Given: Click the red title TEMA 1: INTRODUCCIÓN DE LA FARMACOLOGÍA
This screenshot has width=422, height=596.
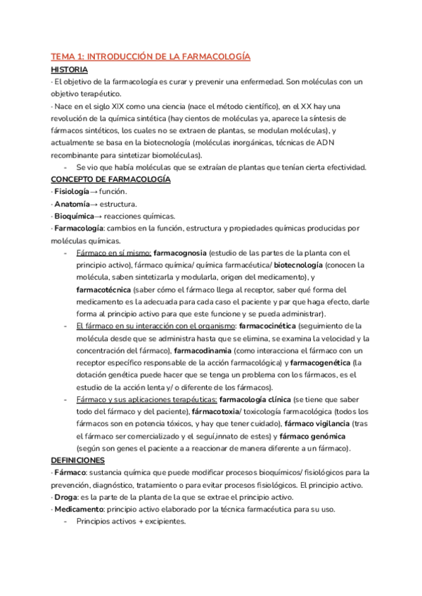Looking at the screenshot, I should click(151, 56).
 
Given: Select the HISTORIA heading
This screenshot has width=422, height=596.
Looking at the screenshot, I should click(70, 70).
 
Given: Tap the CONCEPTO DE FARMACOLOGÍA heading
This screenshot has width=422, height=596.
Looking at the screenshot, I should click(110, 180).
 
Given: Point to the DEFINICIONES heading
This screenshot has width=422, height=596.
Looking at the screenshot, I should click(77, 460).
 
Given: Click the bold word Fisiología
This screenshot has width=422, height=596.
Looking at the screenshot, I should click(72, 192).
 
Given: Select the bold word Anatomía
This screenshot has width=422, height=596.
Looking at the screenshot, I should click(71, 204).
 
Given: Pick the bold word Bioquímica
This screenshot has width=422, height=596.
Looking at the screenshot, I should click(75, 216).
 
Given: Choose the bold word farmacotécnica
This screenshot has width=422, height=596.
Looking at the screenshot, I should click(105, 290).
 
